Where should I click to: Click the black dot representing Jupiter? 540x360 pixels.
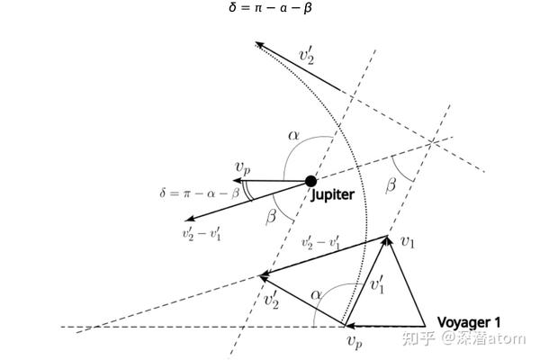pos(311,181)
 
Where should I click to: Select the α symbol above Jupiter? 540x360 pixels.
pos(293,135)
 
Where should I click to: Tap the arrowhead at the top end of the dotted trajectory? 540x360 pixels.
pos(259,44)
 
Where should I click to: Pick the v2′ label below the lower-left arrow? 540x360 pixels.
pos(271,301)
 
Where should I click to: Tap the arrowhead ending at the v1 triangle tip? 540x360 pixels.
pos(387,240)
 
